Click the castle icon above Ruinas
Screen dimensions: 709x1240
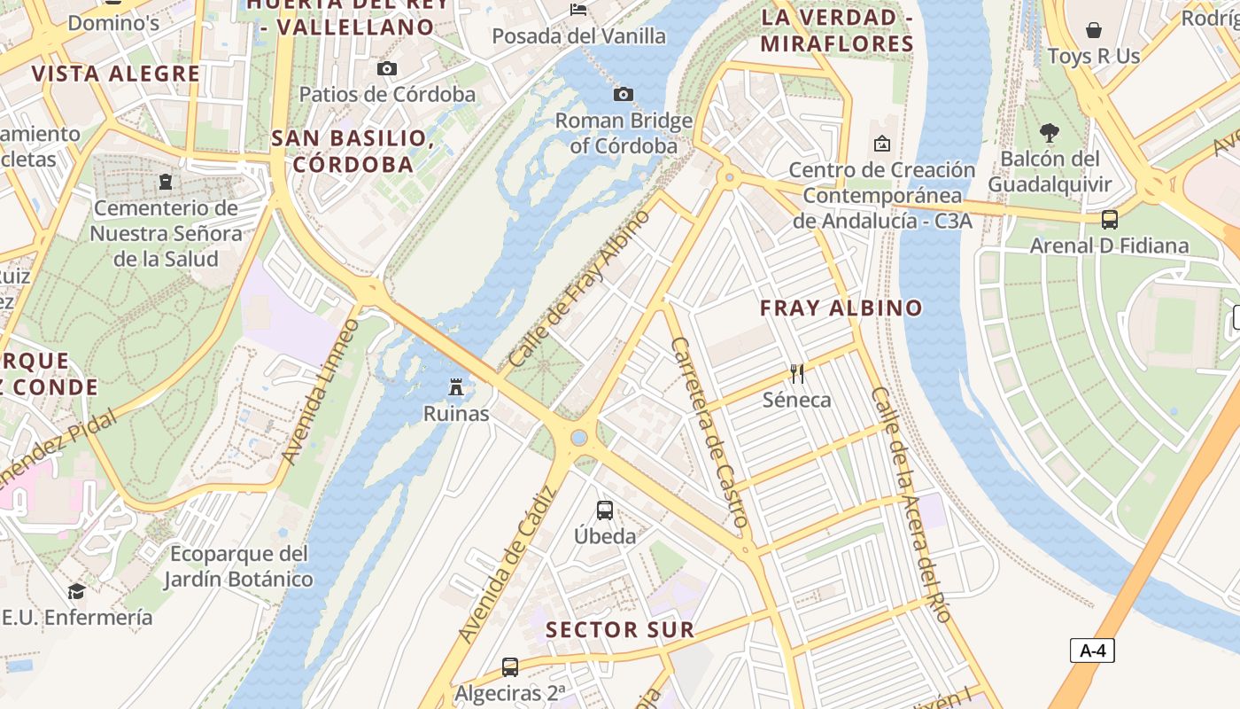point(456,387)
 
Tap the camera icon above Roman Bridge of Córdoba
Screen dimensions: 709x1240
point(624,94)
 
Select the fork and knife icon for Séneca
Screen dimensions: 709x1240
point(797,374)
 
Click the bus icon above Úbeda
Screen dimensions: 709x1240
point(605,510)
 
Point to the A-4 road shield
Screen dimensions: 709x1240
point(1092,651)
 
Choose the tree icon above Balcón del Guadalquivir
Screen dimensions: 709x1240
point(1050,134)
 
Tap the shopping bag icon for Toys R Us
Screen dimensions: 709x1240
point(1094,30)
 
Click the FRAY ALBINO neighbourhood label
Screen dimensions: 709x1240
point(841,308)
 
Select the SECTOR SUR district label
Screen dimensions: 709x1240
point(620,630)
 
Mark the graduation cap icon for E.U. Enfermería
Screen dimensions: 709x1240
point(77,591)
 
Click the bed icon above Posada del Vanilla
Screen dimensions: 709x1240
point(578,10)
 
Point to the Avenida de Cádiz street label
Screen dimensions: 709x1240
point(506,565)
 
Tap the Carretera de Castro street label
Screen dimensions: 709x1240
point(711,432)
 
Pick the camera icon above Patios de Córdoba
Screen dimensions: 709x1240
point(387,68)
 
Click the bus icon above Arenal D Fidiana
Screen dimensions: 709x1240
point(1109,219)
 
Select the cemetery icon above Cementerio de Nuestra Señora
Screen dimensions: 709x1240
point(166,182)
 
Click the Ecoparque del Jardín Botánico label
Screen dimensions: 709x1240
point(239,566)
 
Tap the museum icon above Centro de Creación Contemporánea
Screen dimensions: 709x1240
point(882,144)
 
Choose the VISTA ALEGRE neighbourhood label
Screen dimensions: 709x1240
point(116,74)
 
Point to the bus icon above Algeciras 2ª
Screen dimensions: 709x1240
point(510,666)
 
